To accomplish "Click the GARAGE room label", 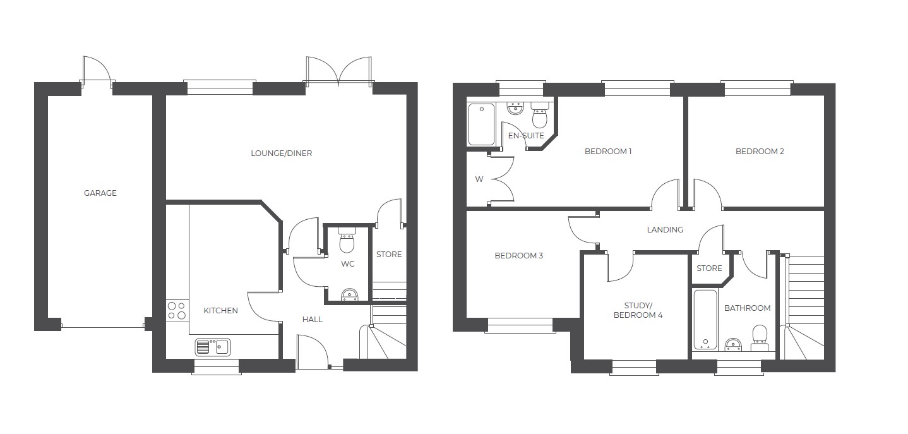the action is click(100, 193).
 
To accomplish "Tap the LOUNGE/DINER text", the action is click(282, 154).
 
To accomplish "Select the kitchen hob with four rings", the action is click(177, 310).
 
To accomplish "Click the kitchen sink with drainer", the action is click(213, 347).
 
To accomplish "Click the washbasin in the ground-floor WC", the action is click(349, 295).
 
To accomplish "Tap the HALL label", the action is click(313, 320).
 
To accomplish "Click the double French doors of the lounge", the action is click(339, 71).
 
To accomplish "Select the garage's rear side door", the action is click(97, 71).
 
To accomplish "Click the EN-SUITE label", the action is click(526, 135).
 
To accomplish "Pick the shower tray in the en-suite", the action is click(481, 124).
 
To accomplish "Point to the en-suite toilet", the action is click(539, 115).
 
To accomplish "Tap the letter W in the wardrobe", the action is click(479, 179).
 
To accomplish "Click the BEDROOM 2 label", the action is click(760, 151).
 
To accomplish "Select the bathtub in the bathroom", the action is click(705, 320).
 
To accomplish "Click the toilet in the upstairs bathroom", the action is click(759, 337).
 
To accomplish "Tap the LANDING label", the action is click(665, 229).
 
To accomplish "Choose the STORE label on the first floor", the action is click(709, 268).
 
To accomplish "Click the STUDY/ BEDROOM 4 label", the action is click(638, 310).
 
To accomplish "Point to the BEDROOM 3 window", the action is click(520, 326).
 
